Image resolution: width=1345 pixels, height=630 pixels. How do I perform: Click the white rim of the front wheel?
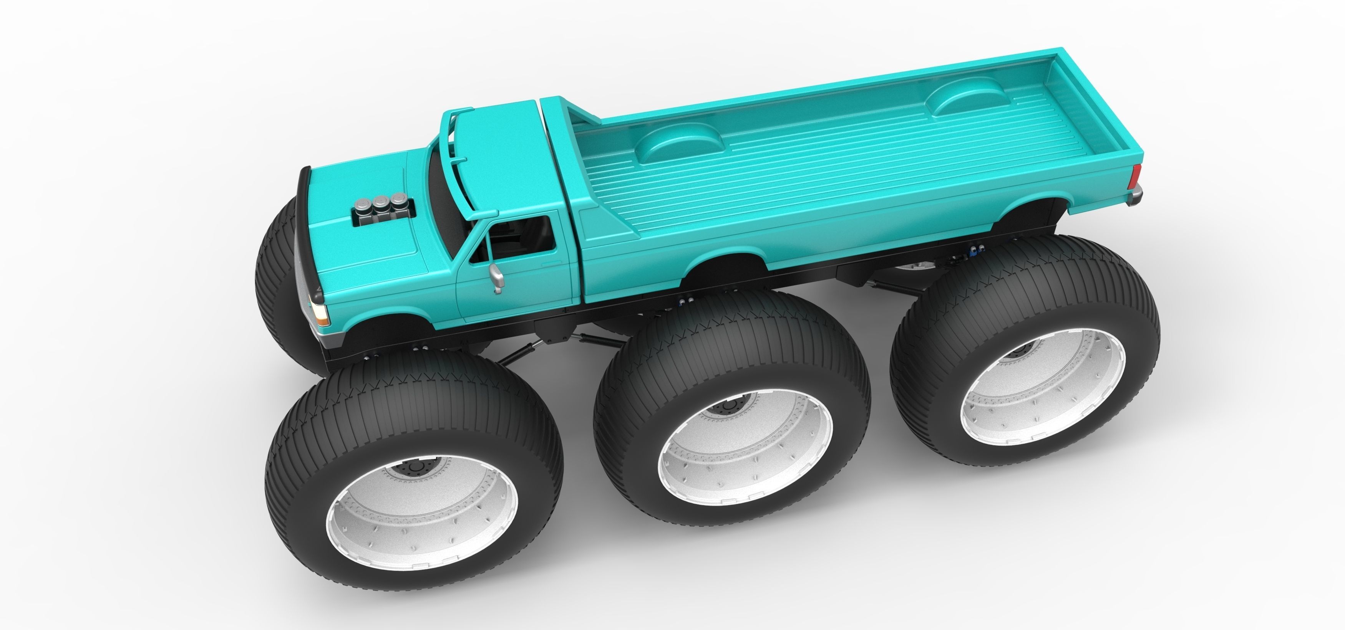point(422,501)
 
